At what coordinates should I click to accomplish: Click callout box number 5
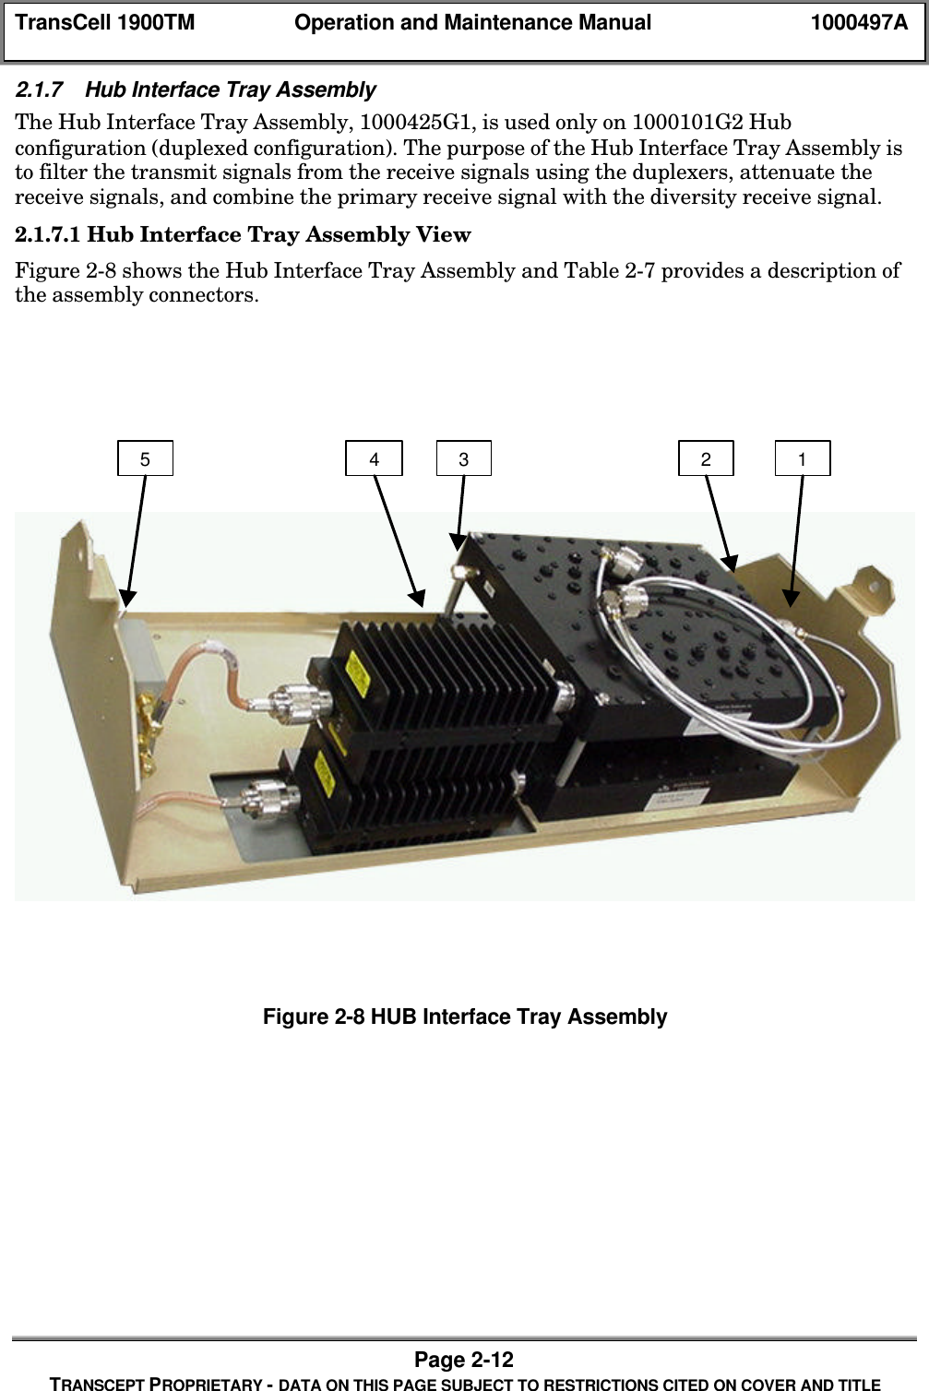pyautogui.click(x=145, y=458)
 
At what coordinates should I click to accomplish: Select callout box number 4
pyautogui.click(x=374, y=458)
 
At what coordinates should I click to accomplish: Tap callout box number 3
pyautogui.click(x=464, y=458)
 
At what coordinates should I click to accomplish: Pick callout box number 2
pyautogui.click(x=706, y=458)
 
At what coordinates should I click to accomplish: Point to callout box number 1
pyautogui.click(x=803, y=458)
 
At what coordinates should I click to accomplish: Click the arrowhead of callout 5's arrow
pyautogui.click(x=126, y=598)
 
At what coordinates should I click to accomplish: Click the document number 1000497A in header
pyautogui.click(x=859, y=23)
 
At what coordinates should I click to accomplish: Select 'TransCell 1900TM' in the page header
pyautogui.click(x=105, y=23)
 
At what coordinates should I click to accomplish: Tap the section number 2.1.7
pyautogui.click(x=40, y=89)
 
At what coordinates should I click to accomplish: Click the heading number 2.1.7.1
pyautogui.click(x=48, y=235)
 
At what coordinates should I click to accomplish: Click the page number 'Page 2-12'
pyautogui.click(x=464, y=1360)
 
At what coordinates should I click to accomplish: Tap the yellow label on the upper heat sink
pyautogui.click(x=354, y=675)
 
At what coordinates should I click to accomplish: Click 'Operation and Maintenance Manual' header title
pyautogui.click(x=472, y=23)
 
